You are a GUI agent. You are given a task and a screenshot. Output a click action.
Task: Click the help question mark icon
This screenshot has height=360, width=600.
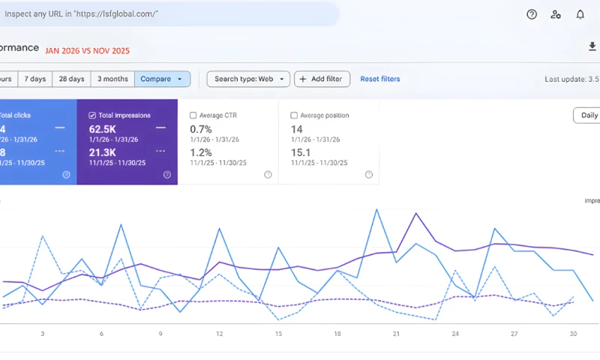(532, 14)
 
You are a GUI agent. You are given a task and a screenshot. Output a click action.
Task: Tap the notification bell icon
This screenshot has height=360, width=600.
(580, 14)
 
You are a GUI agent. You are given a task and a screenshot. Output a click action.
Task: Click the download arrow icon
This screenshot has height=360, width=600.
(592, 47)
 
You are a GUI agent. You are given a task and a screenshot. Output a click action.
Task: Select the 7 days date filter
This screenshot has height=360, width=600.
(34, 79)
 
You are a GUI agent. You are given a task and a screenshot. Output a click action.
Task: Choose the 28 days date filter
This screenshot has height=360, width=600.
(72, 79)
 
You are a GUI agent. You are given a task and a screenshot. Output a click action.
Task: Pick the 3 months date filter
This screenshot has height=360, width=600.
(112, 79)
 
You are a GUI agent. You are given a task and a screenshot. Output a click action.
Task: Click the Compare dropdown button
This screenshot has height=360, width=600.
(162, 79)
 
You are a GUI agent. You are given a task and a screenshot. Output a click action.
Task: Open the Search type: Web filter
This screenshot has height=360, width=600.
(248, 79)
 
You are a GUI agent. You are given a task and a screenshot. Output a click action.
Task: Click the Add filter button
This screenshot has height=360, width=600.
(322, 79)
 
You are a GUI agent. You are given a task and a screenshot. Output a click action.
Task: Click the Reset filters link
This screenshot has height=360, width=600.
(380, 79)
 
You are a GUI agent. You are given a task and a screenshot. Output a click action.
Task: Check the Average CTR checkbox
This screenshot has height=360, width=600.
(193, 115)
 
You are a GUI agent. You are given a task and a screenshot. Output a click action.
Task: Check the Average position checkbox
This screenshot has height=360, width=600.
(294, 115)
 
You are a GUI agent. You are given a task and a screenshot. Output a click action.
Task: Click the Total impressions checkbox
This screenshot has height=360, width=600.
(92, 115)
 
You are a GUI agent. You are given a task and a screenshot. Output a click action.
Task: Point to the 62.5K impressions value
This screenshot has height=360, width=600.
(101, 129)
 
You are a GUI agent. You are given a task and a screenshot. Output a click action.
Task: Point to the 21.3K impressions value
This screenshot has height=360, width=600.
(101, 153)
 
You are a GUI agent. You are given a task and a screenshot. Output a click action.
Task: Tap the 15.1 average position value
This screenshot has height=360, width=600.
(301, 153)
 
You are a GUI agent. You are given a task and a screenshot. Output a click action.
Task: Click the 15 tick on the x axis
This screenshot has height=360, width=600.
(278, 334)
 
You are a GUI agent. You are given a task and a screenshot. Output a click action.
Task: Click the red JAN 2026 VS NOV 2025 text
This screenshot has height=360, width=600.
(87, 51)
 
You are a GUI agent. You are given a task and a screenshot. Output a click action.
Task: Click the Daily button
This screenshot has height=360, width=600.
(589, 115)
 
